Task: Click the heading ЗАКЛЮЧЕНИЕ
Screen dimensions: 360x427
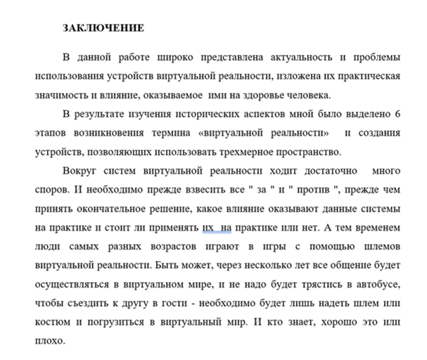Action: pos(103,28)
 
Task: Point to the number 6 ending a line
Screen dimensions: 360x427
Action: pos(398,114)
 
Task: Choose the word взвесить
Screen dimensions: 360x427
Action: pos(184,190)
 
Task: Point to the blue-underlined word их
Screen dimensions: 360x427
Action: pos(208,229)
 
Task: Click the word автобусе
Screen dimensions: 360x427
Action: pos(376,285)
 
